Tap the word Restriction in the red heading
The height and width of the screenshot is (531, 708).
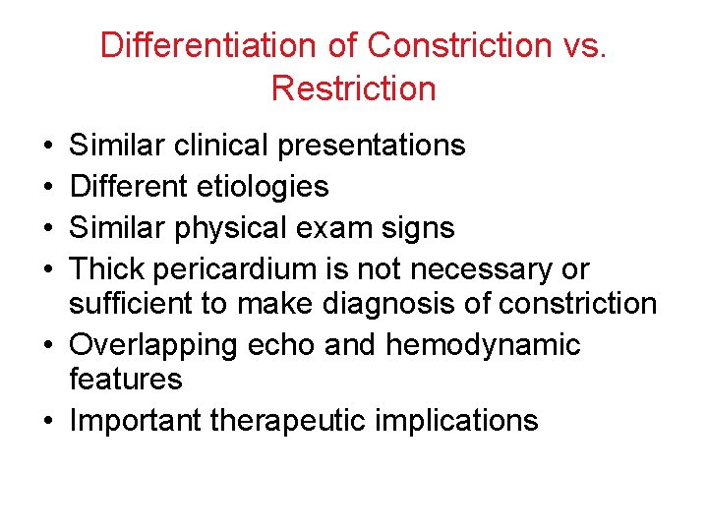point(353,88)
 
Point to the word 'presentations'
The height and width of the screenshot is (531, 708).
point(372,146)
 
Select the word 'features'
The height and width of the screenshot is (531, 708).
point(126,379)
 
